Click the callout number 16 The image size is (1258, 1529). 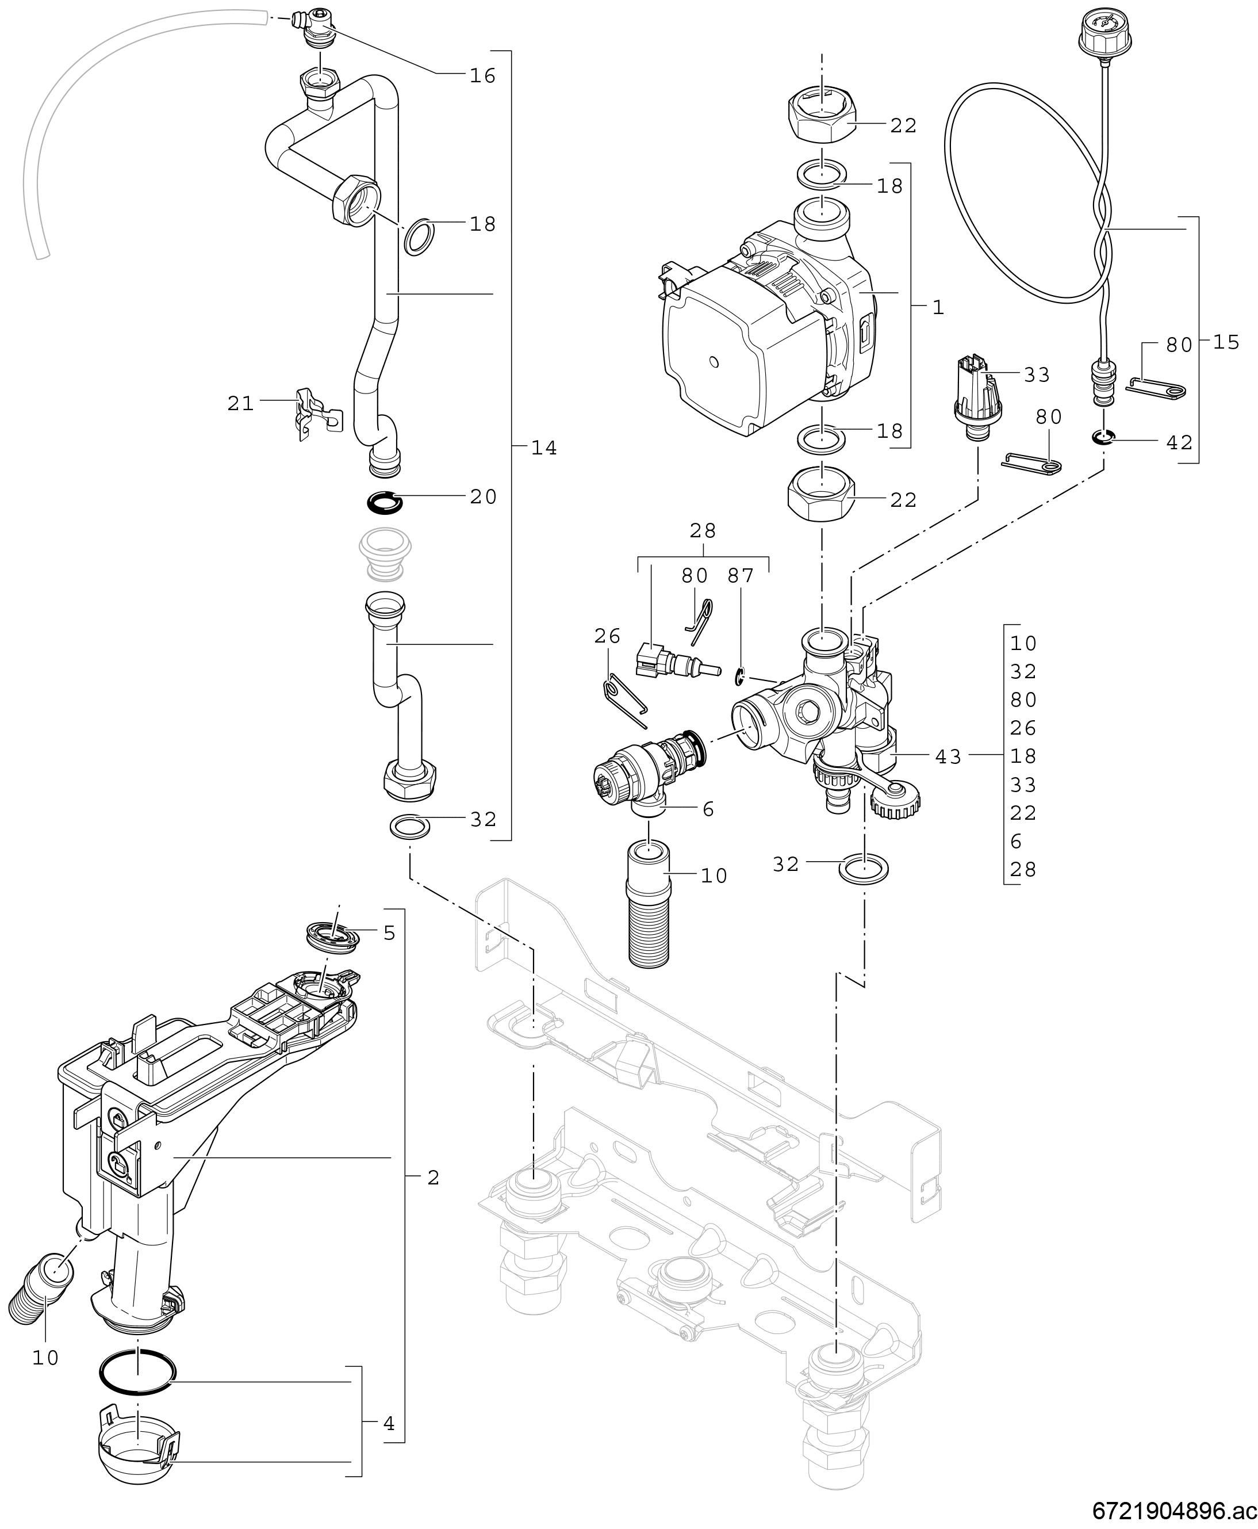coord(482,76)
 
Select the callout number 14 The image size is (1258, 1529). coord(544,449)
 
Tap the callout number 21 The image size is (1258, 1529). coord(240,403)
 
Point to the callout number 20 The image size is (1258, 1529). coord(484,496)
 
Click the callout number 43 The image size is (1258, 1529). coord(948,757)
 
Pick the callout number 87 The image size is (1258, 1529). coord(741,576)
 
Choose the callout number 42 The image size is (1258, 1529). coord(1180,442)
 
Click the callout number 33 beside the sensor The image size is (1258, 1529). coord(1037,375)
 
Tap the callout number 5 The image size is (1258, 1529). coord(389,933)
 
